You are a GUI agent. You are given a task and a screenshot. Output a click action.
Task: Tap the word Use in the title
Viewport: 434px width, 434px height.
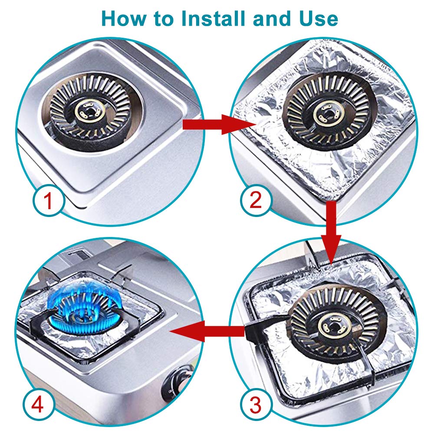pyautogui.click(x=316, y=19)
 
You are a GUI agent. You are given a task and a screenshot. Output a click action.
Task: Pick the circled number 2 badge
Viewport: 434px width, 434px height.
pyautogui.click(x=256, y=201)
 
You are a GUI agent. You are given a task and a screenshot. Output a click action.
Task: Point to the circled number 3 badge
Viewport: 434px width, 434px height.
pyautogui.click(x=256, y=405)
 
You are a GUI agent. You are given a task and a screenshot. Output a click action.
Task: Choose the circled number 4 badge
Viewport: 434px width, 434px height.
pyautogui.click(x=38, y=406)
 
